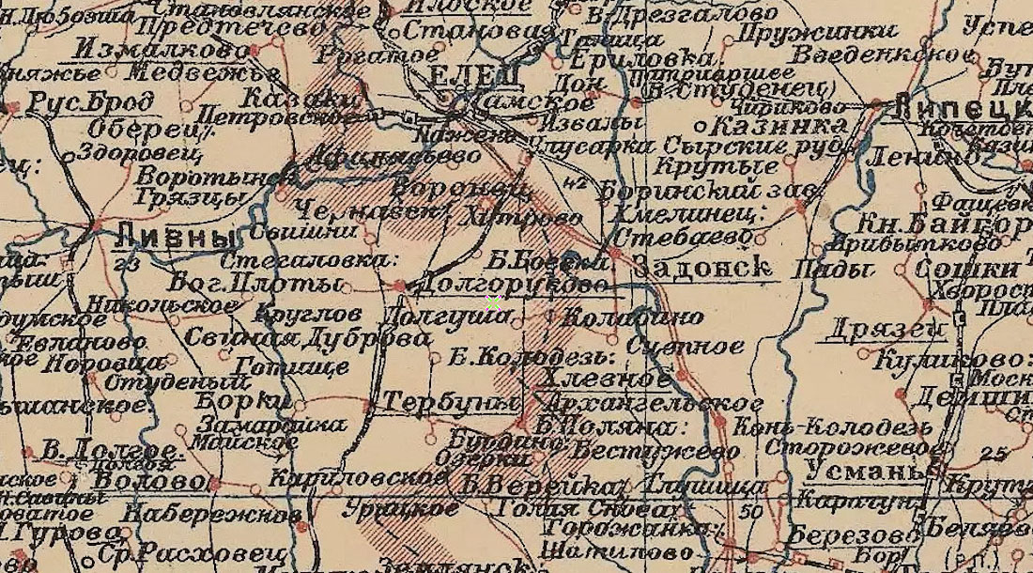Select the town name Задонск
702,267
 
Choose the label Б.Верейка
542,487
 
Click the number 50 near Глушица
750,512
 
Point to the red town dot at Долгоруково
400,285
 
